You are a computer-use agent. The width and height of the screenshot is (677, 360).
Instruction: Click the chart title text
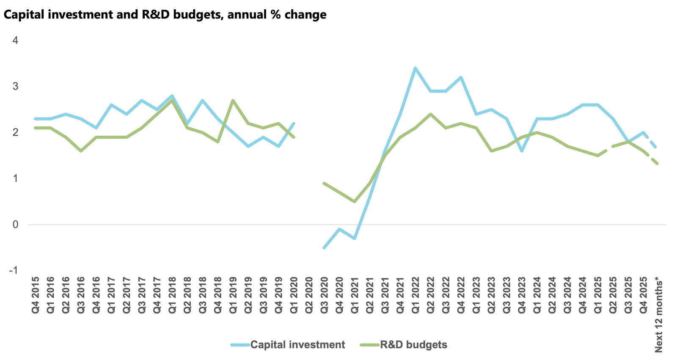pyautogui.click(x=165, y=15)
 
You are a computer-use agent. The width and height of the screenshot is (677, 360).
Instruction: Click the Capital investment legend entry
pyautogui.click(x=297, y=345)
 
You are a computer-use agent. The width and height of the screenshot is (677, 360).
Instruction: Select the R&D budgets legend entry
pyautogui.click(x=413, y=345)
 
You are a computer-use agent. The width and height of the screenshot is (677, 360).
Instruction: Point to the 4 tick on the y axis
pyautogui.click(x=16, y=41)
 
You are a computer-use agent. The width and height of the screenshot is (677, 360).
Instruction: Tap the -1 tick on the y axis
pyautogui.click(x=14, y=270)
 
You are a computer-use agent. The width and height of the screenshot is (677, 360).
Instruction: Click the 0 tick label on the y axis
pyautogui.click(x=16, y=225)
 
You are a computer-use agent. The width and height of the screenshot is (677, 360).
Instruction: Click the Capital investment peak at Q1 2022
pyautogui.click(x=416, y=68)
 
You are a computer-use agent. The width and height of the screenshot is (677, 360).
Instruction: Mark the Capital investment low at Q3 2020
pyautogui.click(x=324, y=247)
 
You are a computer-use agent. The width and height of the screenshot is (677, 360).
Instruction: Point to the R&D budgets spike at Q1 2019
pyautogui.click(x=233, y=101)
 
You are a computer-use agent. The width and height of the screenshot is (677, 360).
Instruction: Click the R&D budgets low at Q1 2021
pyautogui.click(x=355, y=201)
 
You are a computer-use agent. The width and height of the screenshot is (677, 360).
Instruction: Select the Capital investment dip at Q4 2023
pyautogui.click(x=522, y=151)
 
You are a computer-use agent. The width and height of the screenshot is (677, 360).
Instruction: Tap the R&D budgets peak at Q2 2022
pyautogui.click(x=431, y=114)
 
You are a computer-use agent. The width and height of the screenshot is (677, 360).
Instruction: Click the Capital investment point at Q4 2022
pyautogui.click(x=461, y=77)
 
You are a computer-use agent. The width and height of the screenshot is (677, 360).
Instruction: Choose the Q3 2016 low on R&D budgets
pyautogui.click(x=81, y=151)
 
